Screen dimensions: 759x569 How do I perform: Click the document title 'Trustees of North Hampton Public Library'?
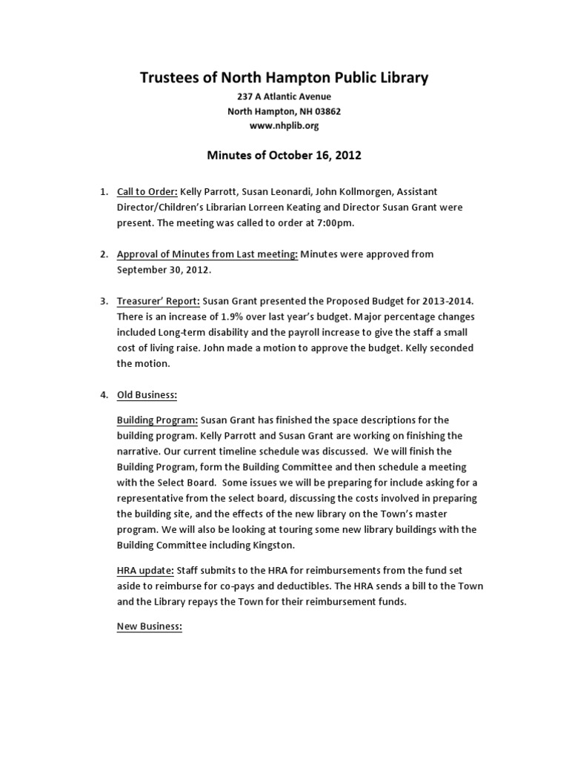pos(284,78)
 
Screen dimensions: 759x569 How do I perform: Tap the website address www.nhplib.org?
pos(284,126)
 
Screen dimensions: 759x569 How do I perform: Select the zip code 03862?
pos(327,111)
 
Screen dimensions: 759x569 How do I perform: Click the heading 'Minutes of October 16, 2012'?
pos(284,156)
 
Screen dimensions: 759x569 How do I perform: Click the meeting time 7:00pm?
pos(335,223)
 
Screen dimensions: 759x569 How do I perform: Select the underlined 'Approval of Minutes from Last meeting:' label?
pos(207,254)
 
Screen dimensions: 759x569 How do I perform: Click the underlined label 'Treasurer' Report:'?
pos(158,302)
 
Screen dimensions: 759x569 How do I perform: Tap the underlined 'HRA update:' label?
pos(145,570)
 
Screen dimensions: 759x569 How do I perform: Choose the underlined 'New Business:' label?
pos(149,626)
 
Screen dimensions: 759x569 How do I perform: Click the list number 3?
pos(104,302)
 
